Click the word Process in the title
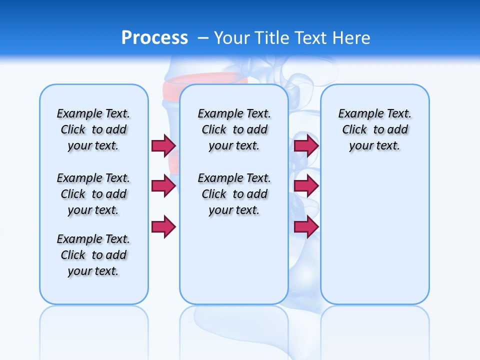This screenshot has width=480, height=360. [154, 38]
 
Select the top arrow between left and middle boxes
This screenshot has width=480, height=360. [163, 145]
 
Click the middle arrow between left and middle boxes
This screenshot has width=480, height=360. [163, 186]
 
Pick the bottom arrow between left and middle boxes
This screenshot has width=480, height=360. [163, 226]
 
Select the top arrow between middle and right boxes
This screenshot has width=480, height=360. [306, 145]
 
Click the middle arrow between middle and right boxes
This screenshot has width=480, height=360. [306, 186]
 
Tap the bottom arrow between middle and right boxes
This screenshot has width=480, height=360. [306, 226]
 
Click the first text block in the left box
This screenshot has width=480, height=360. [93, 129]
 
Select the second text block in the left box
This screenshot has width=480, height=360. [93, 194]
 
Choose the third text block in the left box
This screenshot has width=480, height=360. [93, 255]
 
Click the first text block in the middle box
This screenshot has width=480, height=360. [234, 129]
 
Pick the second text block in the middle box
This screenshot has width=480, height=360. [234, 194]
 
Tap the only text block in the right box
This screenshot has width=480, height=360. [374, 129]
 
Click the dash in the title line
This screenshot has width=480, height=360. [203, 38]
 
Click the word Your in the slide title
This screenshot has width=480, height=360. [232, 38]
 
